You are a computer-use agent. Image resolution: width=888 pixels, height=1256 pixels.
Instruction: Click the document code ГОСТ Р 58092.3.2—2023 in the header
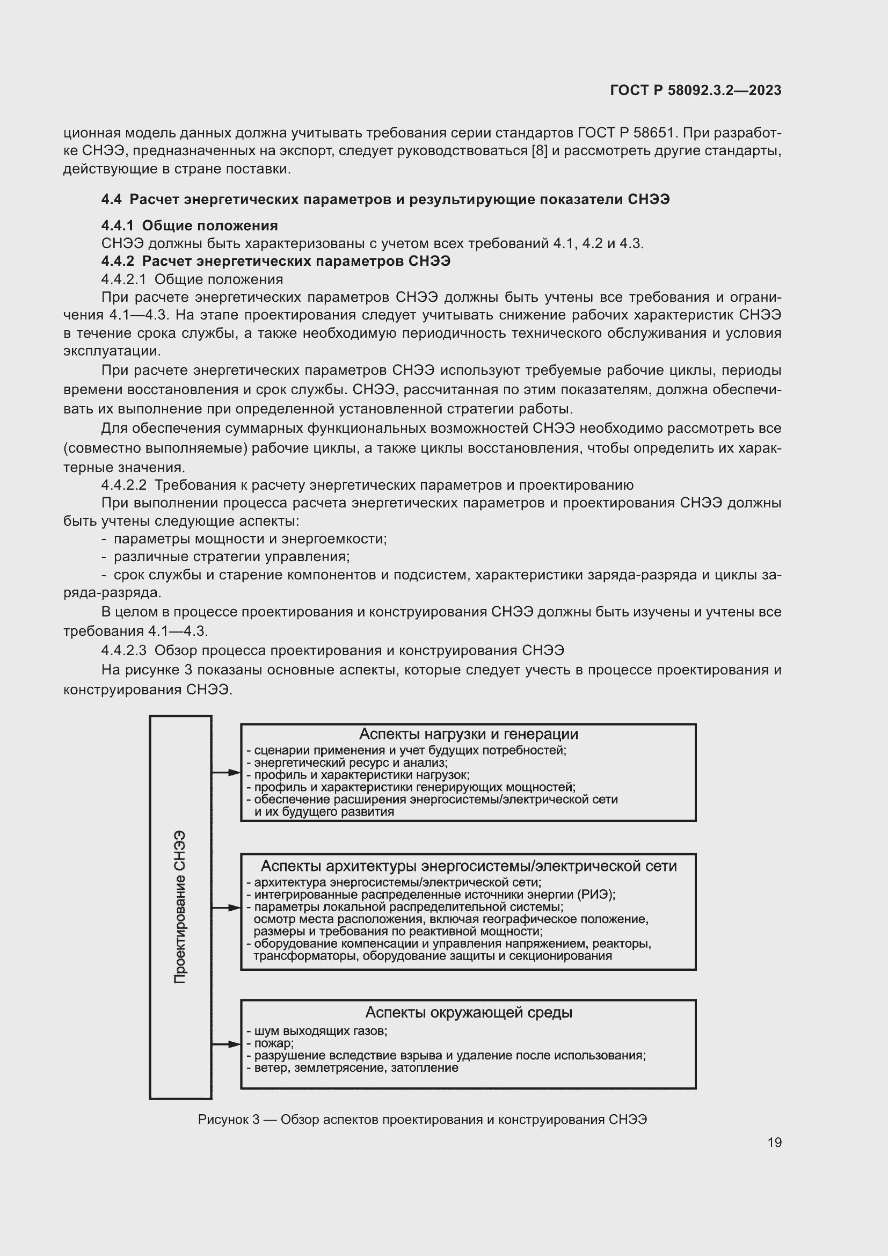[x=695, y=90]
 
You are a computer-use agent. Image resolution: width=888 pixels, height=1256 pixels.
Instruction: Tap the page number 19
[x=774, y=1142]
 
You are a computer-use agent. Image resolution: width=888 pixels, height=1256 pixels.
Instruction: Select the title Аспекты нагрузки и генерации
[x=468, y=734]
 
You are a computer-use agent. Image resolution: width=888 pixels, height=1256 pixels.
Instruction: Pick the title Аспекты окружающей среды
[x=468, y=1012]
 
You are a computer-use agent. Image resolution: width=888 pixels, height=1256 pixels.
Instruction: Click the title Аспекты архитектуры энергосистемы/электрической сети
[x=468, y=866]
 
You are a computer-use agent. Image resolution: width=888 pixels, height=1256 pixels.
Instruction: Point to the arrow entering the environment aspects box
[x=227, y=1044]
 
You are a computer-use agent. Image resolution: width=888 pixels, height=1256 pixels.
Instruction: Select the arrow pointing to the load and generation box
[x=227, y=772]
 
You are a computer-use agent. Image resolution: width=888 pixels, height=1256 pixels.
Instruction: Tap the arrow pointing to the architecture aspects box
[x=227, y=907]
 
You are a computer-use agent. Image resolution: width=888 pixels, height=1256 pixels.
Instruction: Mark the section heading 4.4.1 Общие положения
[x=189, y=226]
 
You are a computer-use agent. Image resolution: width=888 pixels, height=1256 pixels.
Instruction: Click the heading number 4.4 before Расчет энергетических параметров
[x=111, y=199]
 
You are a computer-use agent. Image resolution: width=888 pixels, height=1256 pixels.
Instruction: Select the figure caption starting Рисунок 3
[x=422, y=1119]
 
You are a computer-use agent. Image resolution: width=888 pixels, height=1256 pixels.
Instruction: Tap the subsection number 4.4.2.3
[x=123, y=650]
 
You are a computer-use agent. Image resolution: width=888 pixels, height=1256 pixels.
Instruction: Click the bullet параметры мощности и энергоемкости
[x=249, y=539]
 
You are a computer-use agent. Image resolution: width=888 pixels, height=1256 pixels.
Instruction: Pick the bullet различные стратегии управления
[x=231, y=557]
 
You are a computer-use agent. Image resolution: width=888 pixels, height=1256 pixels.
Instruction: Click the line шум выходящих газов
[x=320, y=1031]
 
